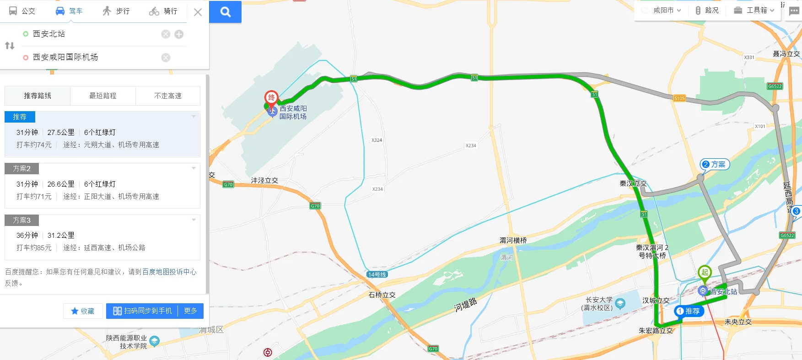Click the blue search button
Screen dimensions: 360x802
point(225,12)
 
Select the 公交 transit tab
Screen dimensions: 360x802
point(22,11)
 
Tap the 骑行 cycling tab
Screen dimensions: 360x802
point(163,11)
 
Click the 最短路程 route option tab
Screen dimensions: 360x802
point(103,96)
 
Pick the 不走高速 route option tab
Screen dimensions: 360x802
point(168,96)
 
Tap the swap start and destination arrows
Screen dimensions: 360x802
point(10,45)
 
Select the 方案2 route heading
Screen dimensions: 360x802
point(22,169)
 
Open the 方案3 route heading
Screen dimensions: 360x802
point(22,220)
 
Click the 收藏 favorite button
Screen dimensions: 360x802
point(83,311)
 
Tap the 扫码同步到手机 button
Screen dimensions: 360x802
point(142,311)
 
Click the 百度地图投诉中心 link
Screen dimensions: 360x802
point(169,272)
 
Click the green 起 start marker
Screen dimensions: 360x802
point(705,273)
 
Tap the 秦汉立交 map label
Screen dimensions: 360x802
point(633,183)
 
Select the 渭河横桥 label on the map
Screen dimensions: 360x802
point(513,240)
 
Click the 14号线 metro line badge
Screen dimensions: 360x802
point(377,274)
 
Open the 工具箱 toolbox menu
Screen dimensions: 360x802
point(754,10)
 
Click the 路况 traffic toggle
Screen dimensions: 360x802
point(707,10)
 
